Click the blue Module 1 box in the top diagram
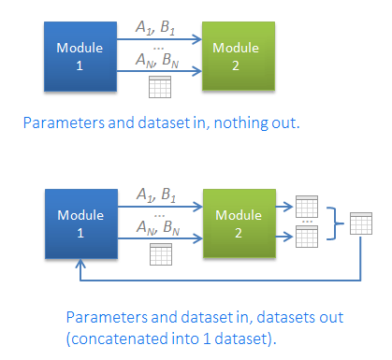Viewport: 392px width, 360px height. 80,56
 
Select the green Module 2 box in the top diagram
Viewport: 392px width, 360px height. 239,56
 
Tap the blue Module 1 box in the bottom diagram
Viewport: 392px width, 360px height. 81,223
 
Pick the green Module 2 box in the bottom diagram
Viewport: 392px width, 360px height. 240,223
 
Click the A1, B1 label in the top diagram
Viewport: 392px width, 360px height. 155,28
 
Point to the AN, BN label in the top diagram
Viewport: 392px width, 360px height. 157,60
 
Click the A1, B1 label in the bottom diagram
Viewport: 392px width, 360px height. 156,195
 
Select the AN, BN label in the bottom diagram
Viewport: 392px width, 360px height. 158,227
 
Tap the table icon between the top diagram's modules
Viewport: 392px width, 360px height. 160,87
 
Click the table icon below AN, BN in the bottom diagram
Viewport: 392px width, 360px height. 161,254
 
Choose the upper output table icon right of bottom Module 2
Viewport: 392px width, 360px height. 307,207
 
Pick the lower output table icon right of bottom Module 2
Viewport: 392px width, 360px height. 307,237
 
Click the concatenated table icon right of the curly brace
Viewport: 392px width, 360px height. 361,223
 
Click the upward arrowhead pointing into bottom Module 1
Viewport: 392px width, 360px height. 80,264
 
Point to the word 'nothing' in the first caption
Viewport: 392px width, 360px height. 240,123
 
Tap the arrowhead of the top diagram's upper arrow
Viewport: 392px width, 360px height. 196,39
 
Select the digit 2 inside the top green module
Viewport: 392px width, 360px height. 236,65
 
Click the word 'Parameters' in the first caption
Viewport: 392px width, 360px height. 64,122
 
